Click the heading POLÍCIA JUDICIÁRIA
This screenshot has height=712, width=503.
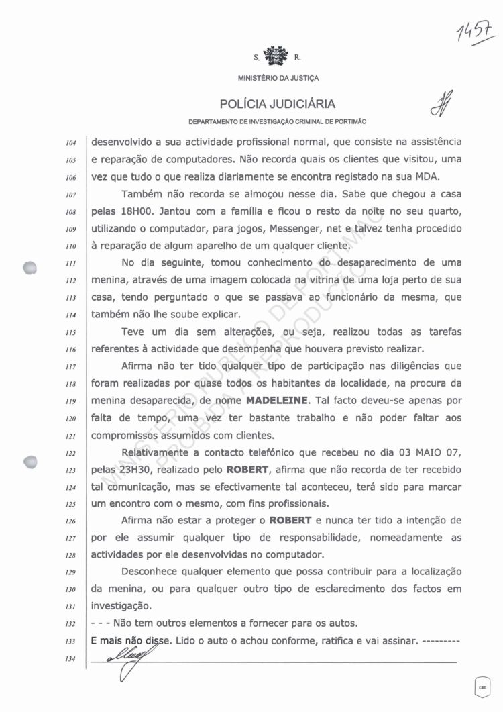(277, 104)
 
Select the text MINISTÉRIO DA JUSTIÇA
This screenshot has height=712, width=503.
(278, 78)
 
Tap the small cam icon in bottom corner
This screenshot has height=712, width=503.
(482, 685)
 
